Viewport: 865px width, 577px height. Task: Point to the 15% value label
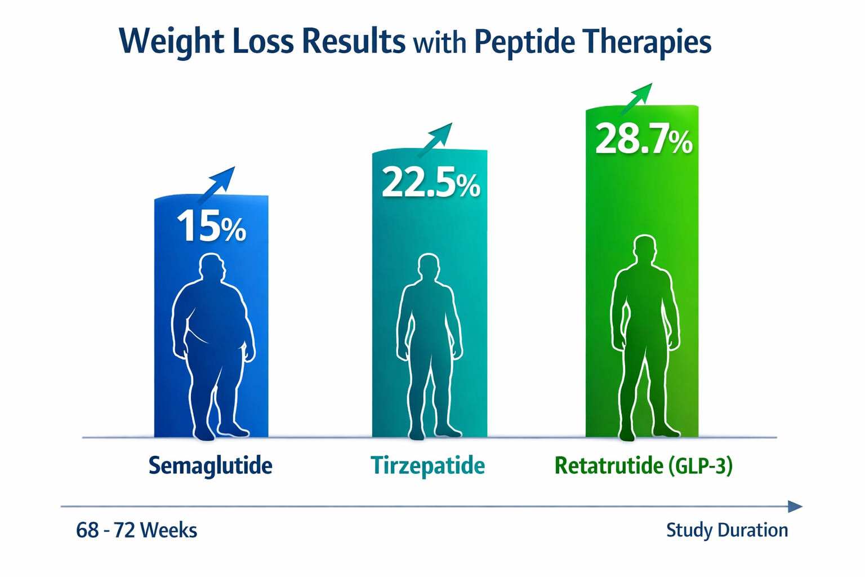pos(211,227)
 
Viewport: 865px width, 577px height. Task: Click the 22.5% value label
pos(431,183)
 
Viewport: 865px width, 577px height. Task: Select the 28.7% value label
pos(644,140)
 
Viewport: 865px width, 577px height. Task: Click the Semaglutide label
pos(210,466)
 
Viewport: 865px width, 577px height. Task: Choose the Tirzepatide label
pos(427,466)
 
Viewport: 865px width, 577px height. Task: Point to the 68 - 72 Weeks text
pos(136,531)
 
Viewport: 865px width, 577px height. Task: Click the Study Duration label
pos(726,530)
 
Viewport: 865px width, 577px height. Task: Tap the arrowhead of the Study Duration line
pos(795,507)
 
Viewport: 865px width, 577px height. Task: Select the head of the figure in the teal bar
pos(429,267)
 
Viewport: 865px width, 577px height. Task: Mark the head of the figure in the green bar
pos(644,249)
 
